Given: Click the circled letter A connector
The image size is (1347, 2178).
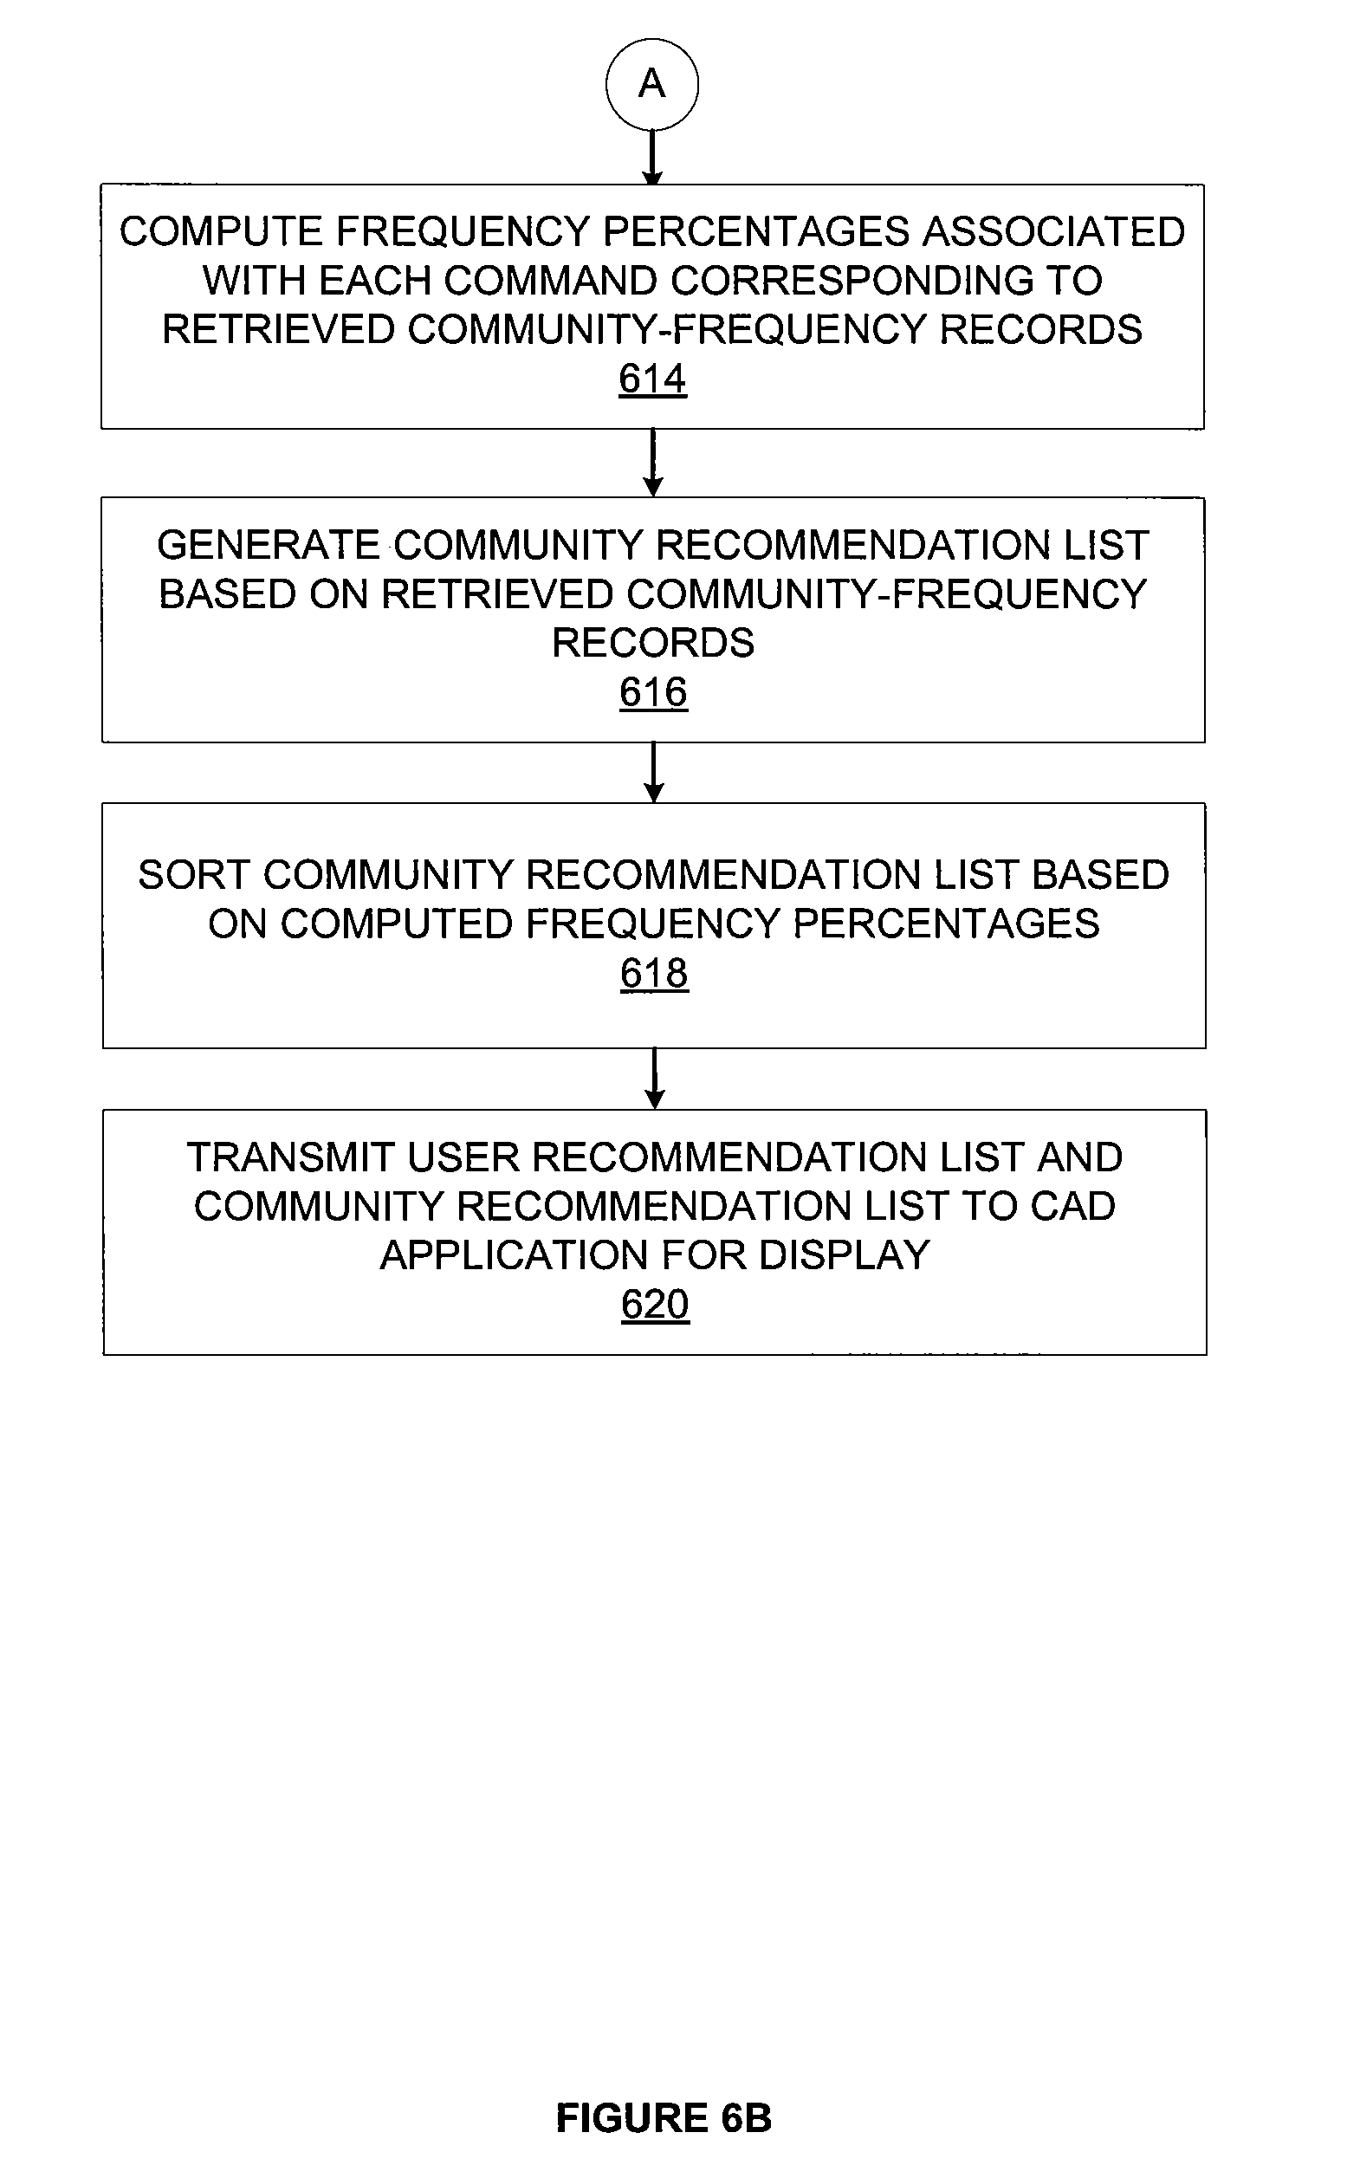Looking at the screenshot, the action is click(652, 85).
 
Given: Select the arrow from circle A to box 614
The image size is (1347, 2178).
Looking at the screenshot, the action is click(653, 158).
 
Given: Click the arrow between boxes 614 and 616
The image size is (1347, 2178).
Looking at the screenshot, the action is click(653, 463).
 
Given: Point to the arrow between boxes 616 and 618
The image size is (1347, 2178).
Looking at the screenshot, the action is click(654, 772).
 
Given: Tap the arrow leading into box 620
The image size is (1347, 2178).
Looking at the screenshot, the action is click(655, 1079).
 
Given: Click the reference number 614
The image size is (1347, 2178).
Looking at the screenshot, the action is click(653, 379).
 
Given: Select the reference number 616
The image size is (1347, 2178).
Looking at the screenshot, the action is click(654, 692).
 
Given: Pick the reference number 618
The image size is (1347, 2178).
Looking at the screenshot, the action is click(655, 973).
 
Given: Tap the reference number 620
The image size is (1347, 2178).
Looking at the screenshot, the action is click(656, 1304).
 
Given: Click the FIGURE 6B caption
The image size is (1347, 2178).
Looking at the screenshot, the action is click(664, 2118).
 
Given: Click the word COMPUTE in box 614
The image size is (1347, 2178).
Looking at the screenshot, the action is click(221, 231).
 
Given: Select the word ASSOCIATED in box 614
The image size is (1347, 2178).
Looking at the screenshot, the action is click(1055, 231).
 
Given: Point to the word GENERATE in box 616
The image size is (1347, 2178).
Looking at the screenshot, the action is click(269, 545).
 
